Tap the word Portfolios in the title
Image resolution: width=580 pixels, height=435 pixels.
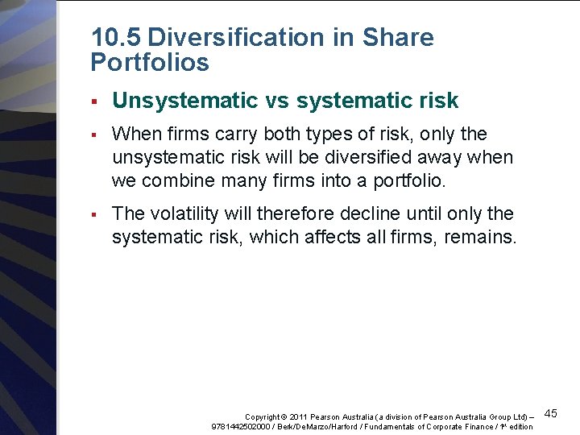coord(150,62)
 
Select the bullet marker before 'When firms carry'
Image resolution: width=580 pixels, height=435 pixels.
coord(94,134)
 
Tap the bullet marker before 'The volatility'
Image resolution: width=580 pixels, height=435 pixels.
coord(94,214)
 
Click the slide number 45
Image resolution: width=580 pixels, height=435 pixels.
coord(551,413)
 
